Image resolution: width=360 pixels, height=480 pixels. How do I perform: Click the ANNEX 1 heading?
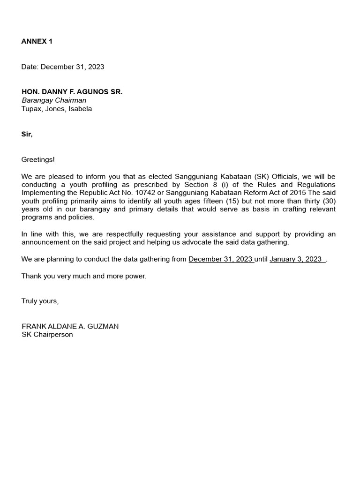(37, 41)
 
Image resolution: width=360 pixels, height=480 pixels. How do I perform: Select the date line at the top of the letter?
(63, 67)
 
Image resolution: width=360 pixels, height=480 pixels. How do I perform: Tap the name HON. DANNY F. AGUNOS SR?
(72, 92)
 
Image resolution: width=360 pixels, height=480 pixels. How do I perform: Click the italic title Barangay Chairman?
(54, 100)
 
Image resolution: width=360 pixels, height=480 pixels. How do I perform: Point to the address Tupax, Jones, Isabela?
(57, 109)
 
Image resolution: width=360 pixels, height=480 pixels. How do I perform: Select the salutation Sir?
(27, 134)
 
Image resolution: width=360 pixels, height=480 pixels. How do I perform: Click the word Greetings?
(38, 159)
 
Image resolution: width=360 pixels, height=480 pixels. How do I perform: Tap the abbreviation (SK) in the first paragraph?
(261, 176)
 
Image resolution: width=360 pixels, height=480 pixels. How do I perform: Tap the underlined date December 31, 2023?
(220, 259)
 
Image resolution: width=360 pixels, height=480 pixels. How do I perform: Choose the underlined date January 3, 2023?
(296, 259)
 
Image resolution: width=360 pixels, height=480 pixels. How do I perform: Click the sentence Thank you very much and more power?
(84, 276)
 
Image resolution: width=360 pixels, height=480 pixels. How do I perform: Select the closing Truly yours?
(40, 301)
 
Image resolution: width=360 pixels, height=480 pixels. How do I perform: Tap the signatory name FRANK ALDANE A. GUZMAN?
(70, 326)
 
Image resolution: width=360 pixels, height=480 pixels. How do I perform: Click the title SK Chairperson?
(47, 335)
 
